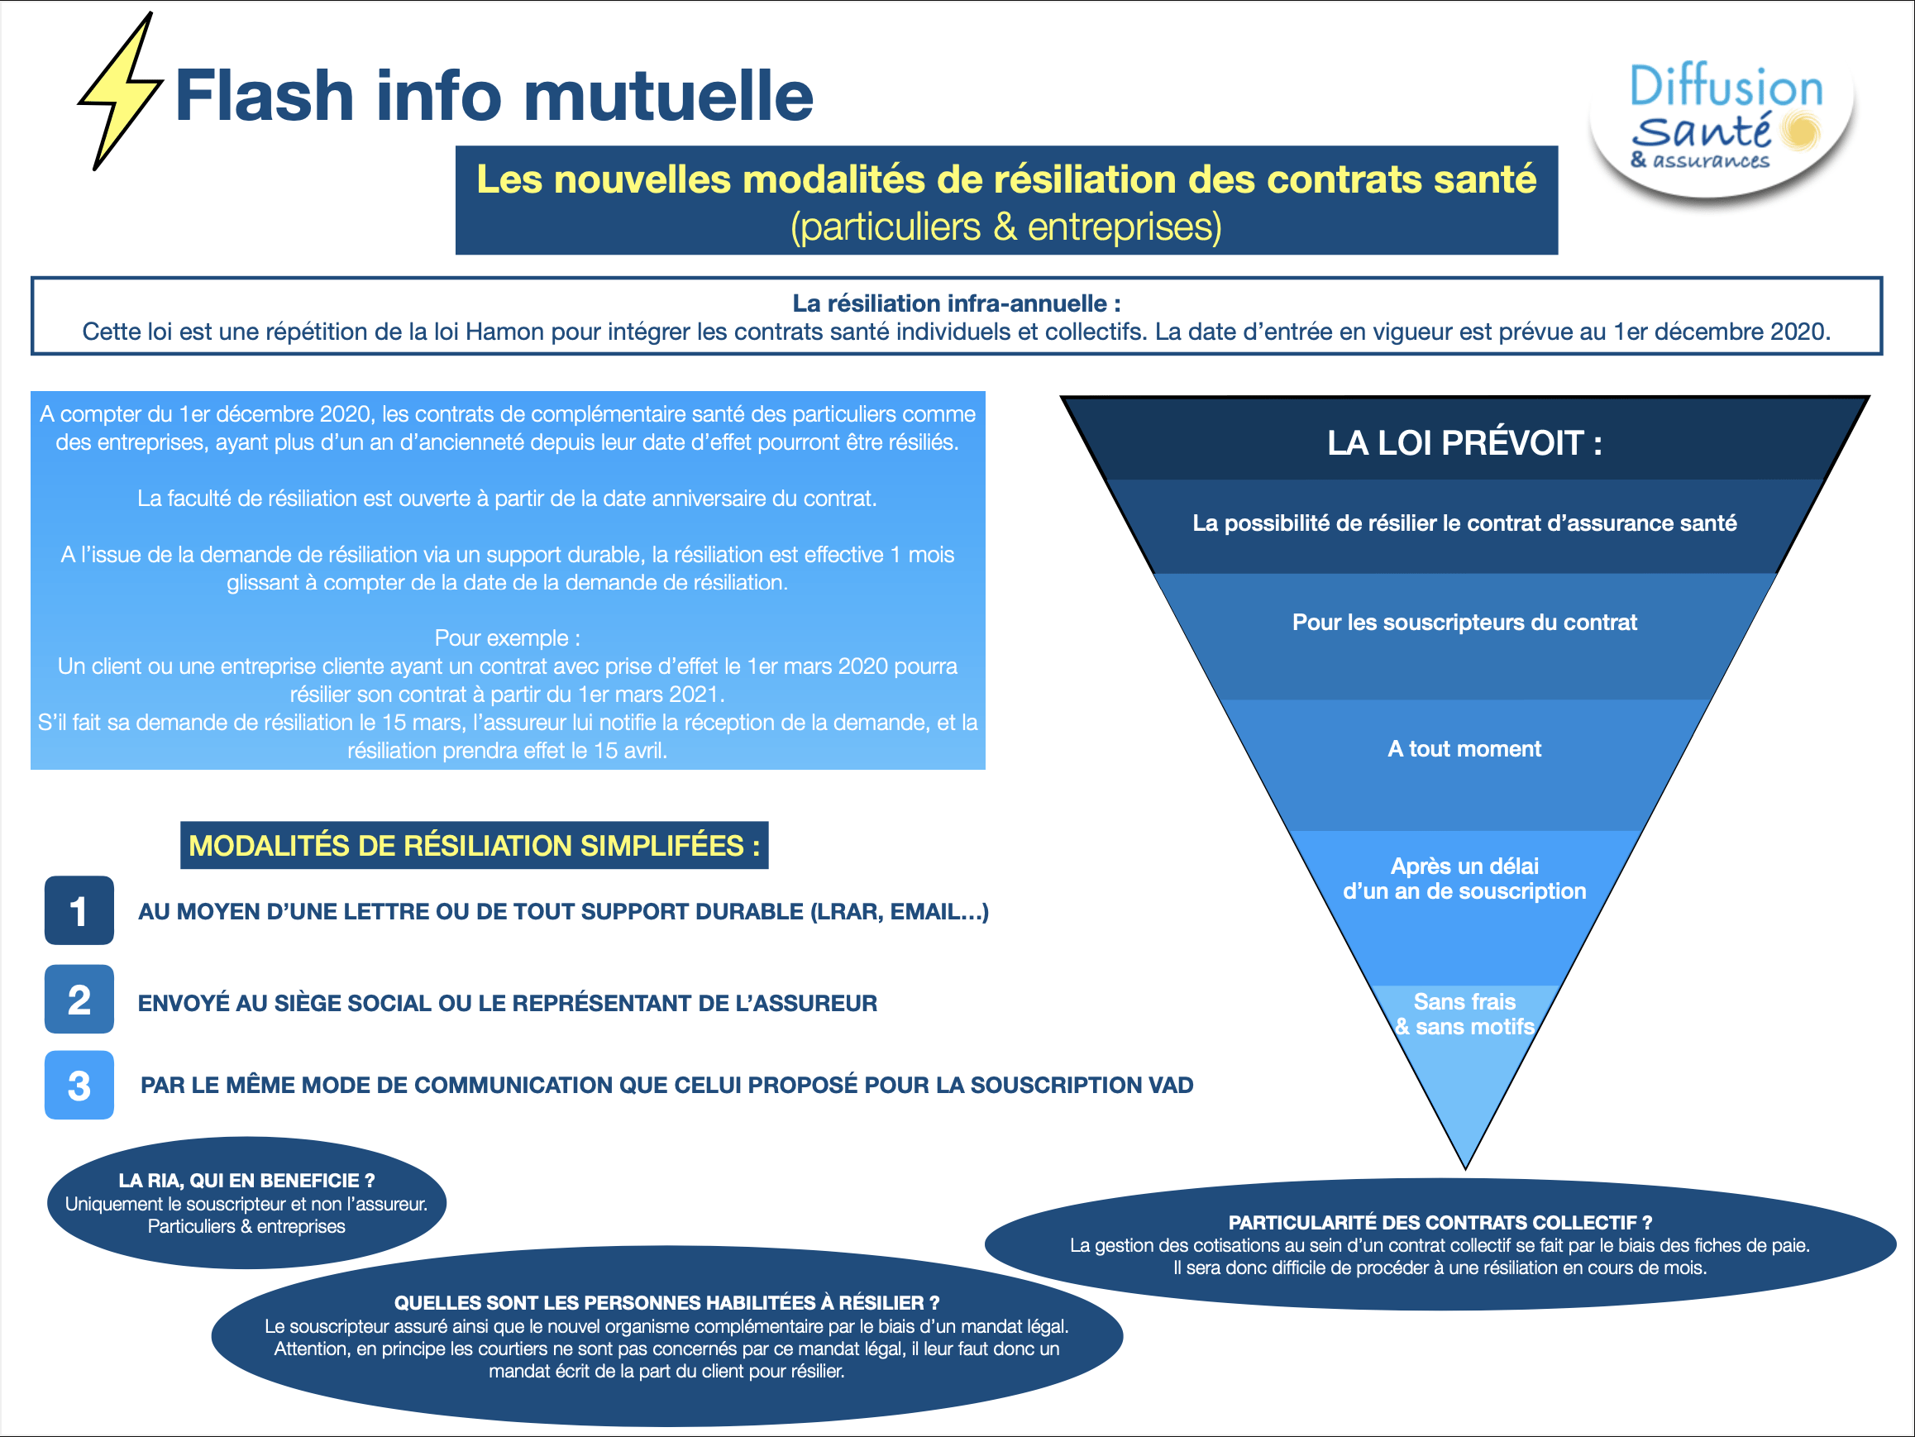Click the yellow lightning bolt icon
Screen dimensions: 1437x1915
(122, 91)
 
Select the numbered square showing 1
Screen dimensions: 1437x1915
(79, 909)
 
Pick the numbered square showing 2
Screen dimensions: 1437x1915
(79, 999)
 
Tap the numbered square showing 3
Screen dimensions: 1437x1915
(79, 1085)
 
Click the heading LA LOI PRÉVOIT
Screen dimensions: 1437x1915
(1464, 443)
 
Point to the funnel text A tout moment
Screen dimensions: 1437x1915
(1464, 749)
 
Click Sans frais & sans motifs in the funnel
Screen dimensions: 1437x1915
(1464, 1014)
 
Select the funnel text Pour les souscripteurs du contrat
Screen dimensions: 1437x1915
(1464, 623)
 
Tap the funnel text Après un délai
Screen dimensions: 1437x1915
(1464, 866)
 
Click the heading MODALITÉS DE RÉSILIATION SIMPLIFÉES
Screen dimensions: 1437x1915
(474, 846)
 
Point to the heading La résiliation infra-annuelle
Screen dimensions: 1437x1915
(956, 303)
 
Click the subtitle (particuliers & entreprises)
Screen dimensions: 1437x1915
(1006, 227)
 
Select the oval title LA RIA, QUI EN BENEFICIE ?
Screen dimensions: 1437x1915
(246, 1180)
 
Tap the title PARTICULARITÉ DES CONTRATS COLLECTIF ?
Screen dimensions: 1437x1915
(1440, 1222)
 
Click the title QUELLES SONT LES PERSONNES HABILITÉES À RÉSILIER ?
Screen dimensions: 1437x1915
(666, 1303)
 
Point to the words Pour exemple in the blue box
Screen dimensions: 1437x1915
(507, 638)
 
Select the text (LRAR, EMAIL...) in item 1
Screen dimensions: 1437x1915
(900, 911)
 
